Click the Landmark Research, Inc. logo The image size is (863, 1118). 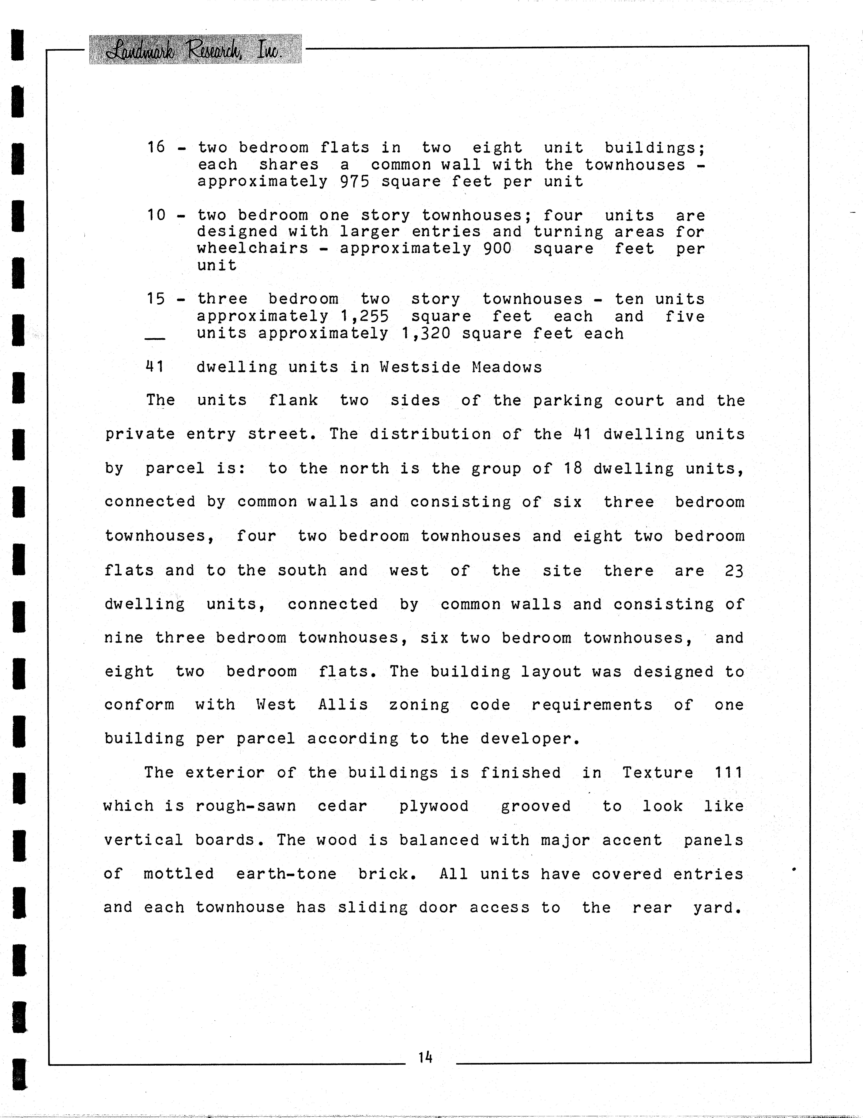(x=195, y=50)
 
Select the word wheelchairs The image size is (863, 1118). (x=253, y=249)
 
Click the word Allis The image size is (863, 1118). (x=343, y=705)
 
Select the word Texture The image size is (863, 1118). (x=657, y=772)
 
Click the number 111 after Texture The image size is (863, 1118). (x=728, y=772)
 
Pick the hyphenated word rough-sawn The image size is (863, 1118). (x=246, y=806)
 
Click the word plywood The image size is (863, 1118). (x=434, y=806)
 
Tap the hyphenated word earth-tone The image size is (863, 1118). (x=286, y=874)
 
